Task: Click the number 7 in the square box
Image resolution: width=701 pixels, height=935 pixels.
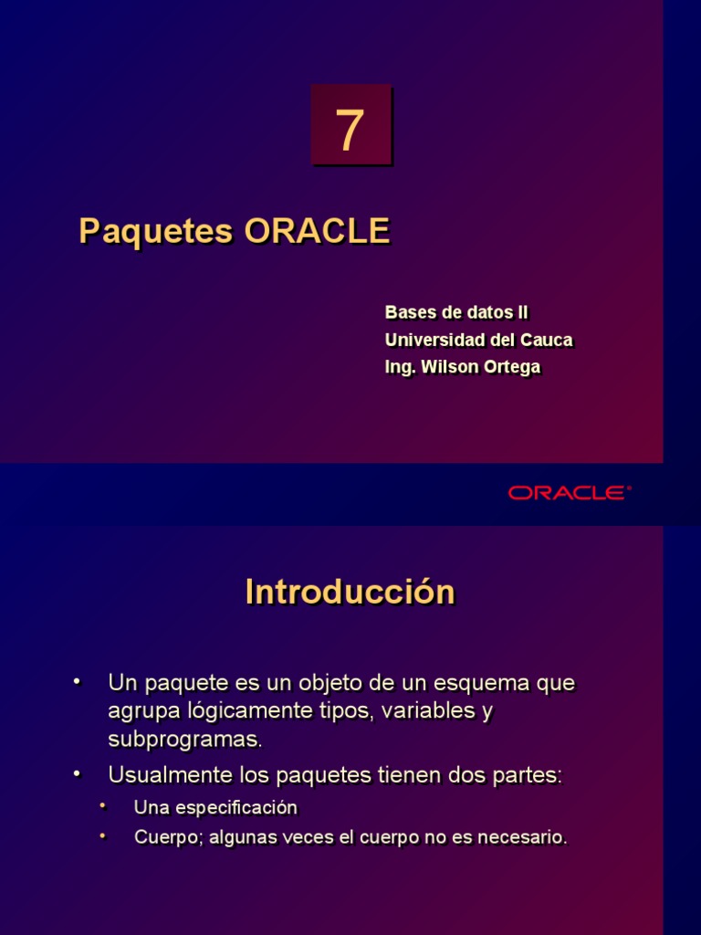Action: point(350,131)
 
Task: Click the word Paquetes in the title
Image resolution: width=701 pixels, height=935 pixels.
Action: point(156,231)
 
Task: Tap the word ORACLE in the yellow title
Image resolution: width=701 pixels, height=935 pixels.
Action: point(317,231)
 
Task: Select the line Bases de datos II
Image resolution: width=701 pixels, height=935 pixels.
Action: point(456,312)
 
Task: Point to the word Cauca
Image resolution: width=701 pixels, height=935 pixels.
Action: point(546,340)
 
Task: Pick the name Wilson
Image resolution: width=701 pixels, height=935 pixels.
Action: point(445,367)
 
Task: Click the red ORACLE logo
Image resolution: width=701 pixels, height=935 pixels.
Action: point(570,493)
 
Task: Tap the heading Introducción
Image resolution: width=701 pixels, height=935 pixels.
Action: point(350,593)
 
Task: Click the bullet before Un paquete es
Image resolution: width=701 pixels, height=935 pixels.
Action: point(77,681)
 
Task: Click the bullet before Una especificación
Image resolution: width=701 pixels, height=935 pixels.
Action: point(103,805)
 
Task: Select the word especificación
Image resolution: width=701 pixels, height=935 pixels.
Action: point(240,808)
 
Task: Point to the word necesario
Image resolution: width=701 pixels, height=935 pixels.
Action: point(526,837)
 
